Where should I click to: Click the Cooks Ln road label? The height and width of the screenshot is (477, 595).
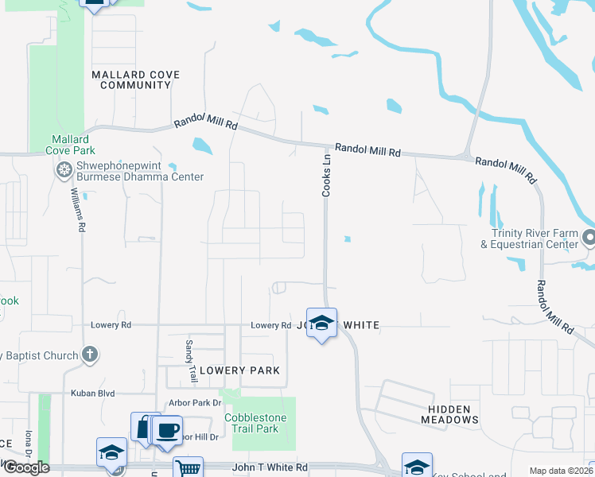[325, 176]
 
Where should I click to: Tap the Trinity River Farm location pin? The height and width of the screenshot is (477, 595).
[589, 238]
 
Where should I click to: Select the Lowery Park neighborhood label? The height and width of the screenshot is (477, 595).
[239, 370]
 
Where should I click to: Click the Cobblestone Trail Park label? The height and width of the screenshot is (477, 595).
[251, 423]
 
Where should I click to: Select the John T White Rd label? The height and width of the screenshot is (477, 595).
[270, 468]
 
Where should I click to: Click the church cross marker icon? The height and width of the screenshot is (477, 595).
[91, 355]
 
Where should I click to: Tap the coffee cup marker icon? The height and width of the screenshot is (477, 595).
[167, 431]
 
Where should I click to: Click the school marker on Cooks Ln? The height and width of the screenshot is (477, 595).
[321, 323]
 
